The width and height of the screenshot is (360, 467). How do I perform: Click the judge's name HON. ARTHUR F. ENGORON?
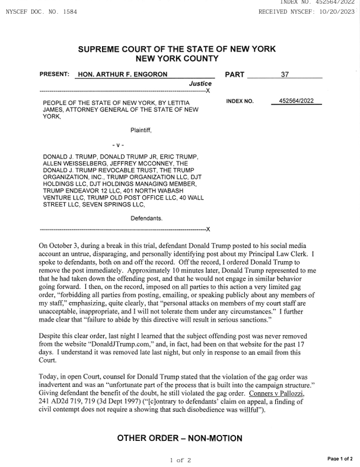(x=123, y=75)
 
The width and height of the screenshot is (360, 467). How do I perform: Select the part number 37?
(x=285, y=75)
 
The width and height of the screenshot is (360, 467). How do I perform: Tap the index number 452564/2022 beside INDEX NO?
(x=296, y=101)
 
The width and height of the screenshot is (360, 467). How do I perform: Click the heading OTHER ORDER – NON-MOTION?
(x=180, y=438)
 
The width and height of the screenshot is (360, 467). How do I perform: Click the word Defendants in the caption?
(x=146, y=218)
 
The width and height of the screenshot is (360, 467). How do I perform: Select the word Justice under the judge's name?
(x=200, y=84)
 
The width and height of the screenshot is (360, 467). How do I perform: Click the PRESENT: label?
(x=55, y=75)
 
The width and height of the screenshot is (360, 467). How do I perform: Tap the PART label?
(x=235, y=75)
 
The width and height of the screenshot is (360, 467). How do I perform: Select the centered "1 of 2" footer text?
(x=180, y=459)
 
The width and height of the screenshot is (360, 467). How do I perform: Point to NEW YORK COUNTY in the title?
(x=177, y=59)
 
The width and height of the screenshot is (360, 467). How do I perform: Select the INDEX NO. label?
(x=240, y=101)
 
